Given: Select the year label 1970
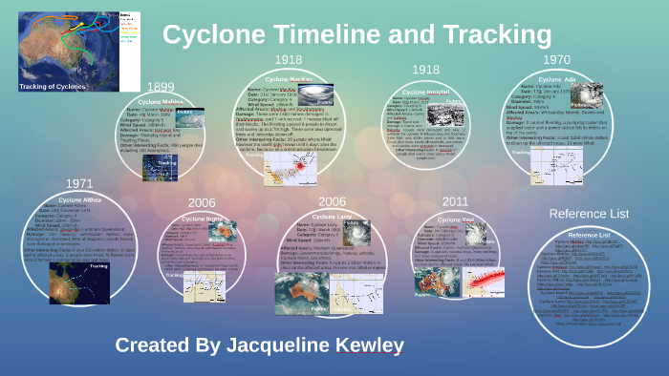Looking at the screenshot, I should click(x=555, y=59).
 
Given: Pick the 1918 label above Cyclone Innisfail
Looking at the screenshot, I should click(x=425, y=70).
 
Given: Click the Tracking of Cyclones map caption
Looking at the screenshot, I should click(x=54, y=86).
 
